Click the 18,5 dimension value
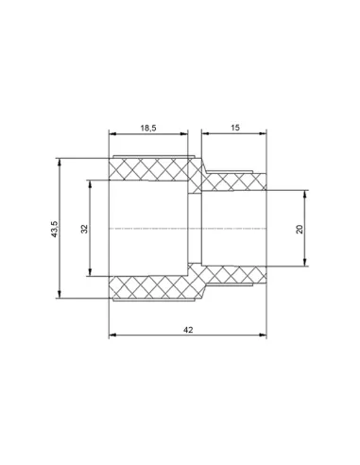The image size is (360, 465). [148, 128]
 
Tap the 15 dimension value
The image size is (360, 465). [235, 128]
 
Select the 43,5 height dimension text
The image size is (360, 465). [55, 229]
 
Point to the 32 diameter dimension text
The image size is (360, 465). [84, 229]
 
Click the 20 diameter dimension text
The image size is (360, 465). [300, 229]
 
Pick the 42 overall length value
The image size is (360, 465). [188, 330]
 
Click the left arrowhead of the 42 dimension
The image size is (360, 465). [112, 335]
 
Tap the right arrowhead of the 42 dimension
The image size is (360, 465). [263, 335]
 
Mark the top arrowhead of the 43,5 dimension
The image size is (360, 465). [59, 162]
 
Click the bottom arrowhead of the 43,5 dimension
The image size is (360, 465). [59, 294]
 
